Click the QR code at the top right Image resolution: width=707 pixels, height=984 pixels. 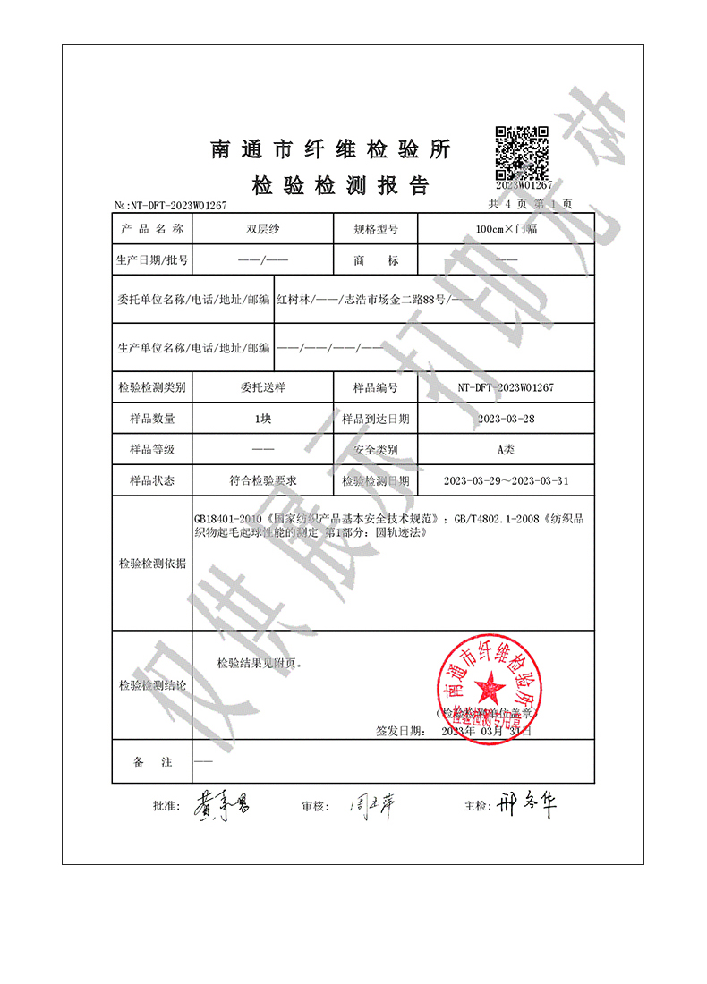pos(521,154)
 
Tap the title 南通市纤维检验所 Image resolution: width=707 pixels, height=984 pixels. pos(330,149)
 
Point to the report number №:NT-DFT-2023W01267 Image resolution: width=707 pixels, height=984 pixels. pos(171,205)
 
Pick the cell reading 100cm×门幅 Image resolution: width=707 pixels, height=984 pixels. pos(507,229)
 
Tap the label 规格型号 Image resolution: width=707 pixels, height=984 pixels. pos(375,229)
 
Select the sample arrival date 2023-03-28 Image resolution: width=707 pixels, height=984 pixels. pos(507,419)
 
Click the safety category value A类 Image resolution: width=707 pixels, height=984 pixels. pos(507,449)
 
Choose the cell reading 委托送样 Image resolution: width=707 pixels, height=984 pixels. pos(262,387)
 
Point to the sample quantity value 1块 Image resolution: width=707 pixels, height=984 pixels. pos(262,419)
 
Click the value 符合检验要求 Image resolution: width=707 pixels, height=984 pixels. pos(262,480)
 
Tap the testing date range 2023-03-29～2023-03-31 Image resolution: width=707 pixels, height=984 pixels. pos(507,480)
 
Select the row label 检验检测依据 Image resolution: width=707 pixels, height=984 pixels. pos(152,564)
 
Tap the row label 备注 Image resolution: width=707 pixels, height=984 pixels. pos(152,761)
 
